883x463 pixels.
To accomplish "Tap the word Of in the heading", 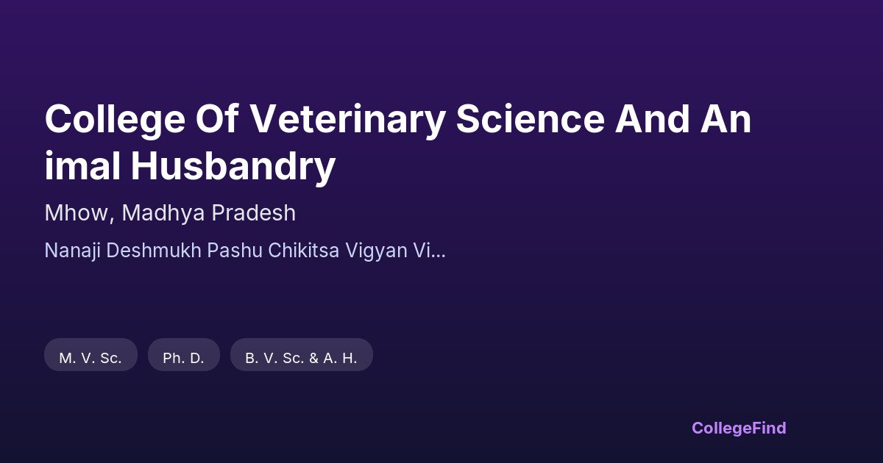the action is pos(217,118).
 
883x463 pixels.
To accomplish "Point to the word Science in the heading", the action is pos(531,118).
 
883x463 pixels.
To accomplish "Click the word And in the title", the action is pos(653,118).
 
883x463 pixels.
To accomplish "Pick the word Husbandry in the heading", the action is pos(233,167).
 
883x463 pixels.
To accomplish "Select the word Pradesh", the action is pos(254,213).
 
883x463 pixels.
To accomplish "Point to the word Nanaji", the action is pos(73,251).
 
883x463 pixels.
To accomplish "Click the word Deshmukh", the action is pos(154,251).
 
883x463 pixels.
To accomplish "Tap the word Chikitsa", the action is pos(303,251).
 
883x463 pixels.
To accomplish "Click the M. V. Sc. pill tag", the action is pos(91,355).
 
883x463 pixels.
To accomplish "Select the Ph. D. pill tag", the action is pos(184,355).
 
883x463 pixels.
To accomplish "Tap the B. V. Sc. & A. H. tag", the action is pos(302,355).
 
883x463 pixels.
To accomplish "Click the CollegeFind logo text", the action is pos(739,428).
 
